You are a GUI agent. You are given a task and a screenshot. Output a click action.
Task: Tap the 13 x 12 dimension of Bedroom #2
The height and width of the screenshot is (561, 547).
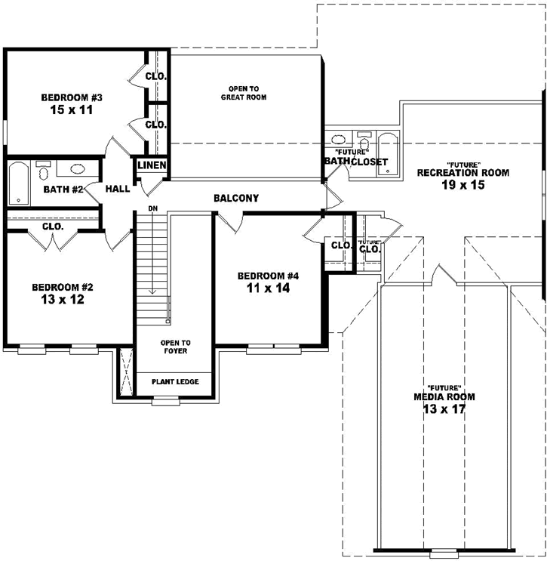tap(62, 300)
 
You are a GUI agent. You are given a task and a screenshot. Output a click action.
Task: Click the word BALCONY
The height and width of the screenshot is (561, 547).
tap(236, 199)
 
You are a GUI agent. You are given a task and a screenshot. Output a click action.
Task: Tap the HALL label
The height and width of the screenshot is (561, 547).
tap(118, 190)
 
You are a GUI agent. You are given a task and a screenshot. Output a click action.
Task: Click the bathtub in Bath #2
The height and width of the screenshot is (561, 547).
tap(18, 183)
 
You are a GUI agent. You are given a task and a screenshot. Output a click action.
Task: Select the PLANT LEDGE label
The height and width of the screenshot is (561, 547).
tap(175, 382)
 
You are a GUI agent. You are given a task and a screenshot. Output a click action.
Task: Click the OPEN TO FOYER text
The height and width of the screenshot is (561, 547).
tap(175, 347)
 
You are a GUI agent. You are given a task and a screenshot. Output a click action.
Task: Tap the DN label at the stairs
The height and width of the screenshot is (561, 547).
tap(152, 208)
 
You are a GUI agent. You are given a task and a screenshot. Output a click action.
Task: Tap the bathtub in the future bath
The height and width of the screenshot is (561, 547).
tap(387, 154)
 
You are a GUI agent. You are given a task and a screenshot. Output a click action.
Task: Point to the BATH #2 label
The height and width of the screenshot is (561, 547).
tap(63, 190)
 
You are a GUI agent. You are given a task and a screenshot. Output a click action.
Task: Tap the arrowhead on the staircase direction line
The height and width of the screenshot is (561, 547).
tap(152, 291)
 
